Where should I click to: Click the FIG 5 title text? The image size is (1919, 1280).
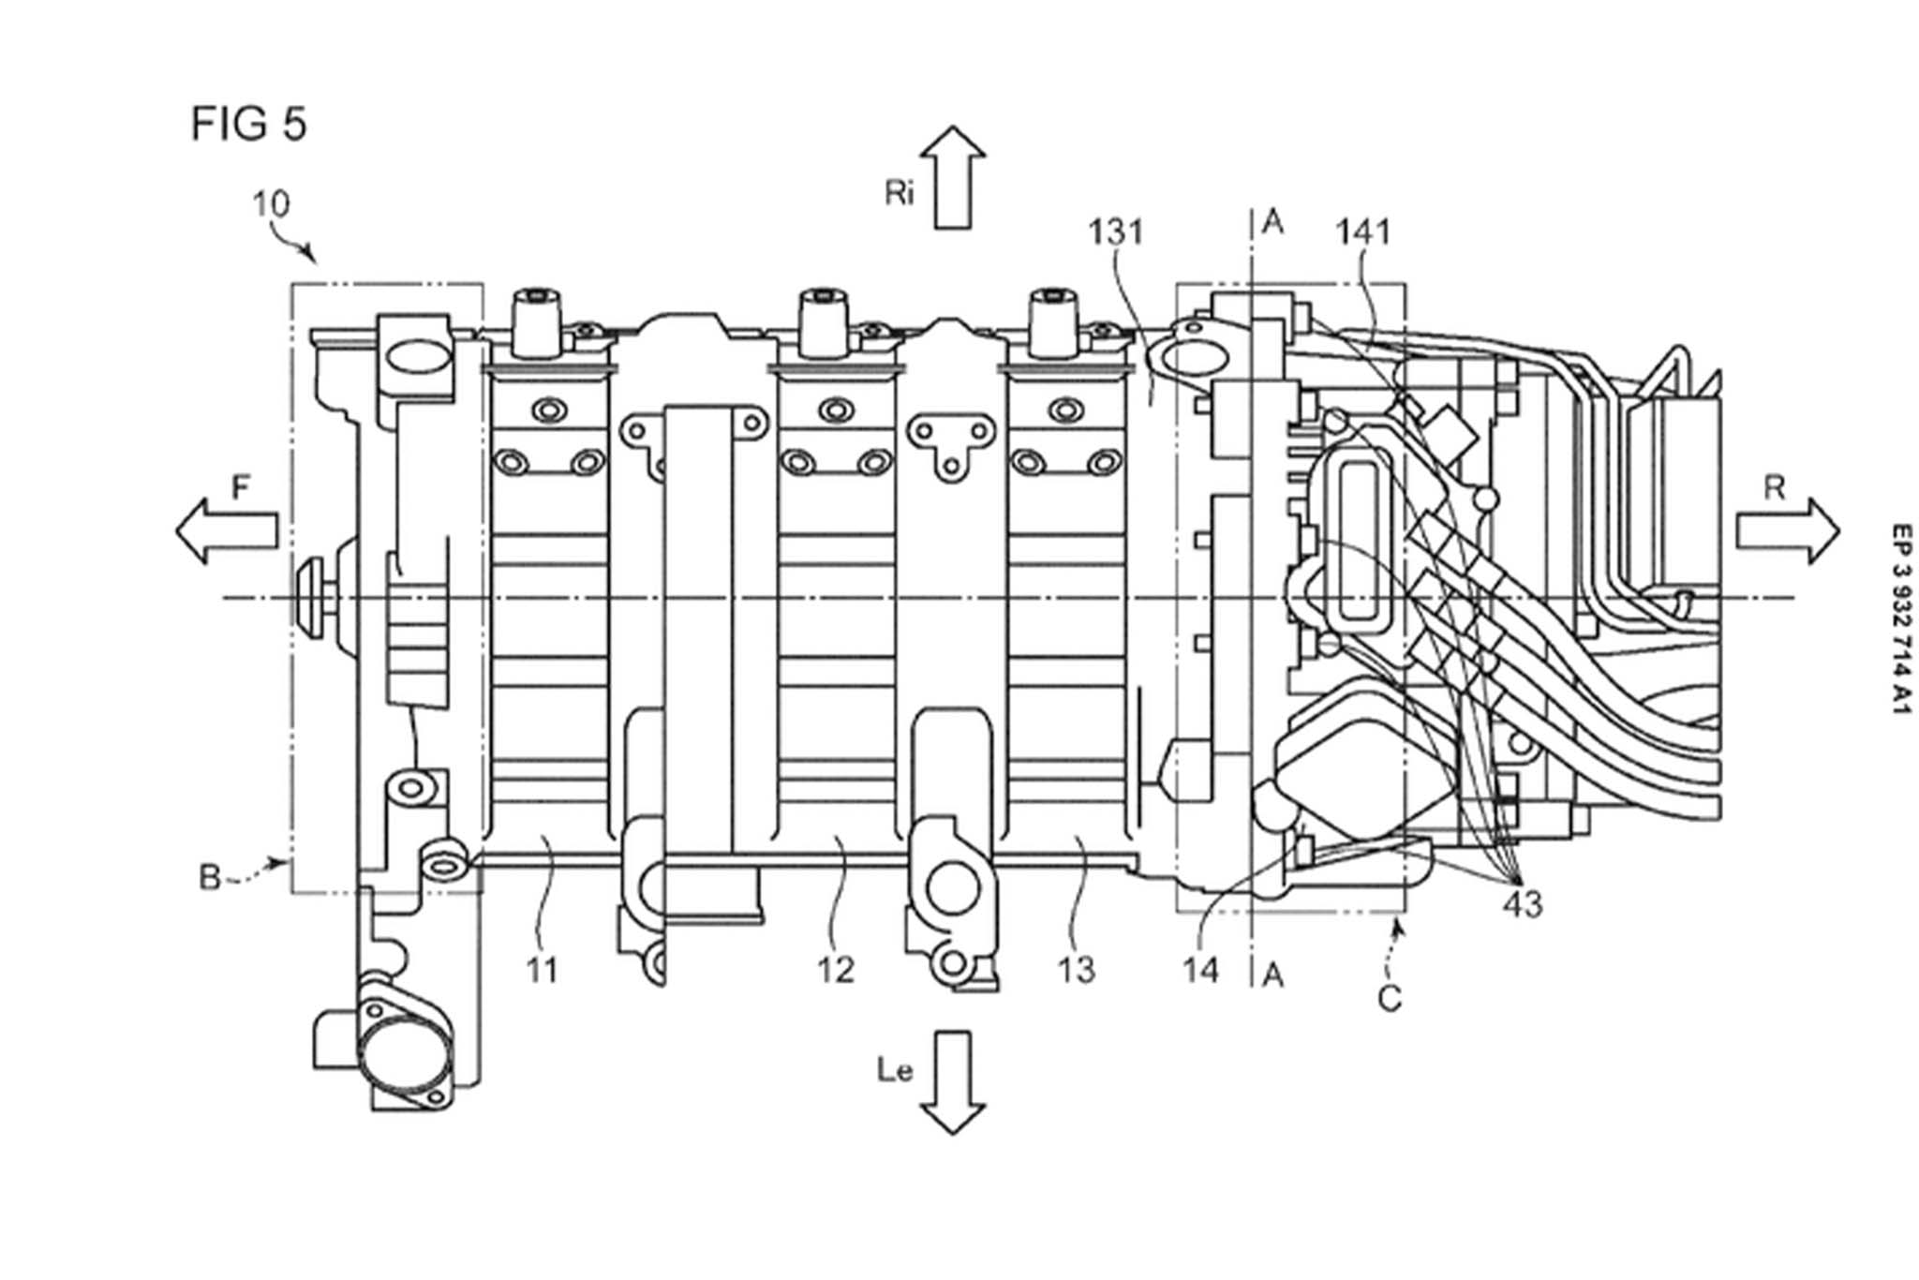pyautogui.click(x=248, y=124)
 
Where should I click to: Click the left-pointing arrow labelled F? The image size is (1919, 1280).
pyautogui.click(x=228, y=530)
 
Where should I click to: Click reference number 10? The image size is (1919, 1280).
pyautogui.click(x=271, y=204)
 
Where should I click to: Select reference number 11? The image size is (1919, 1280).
pyautogui.click(x=542, y=971)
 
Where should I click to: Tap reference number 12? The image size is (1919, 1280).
pyautogui.click(x=836, y=971)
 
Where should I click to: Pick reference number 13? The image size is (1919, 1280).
pyautogui.click(x=1076, y=971)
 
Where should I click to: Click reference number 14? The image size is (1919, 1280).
pyautogui.click(x=1200, y=971)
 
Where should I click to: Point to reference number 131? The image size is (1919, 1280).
pyautogui.click(x=1115, y=231)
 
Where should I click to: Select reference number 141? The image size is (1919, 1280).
pyautogui.click(x=1362, y=231)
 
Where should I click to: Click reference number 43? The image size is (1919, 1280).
pyautogui.click(x=1523, y=905)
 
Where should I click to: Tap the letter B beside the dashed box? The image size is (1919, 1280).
pyautogui.click(x=210, y=878)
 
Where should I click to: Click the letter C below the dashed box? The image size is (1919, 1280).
pyautogui.click(x=1390, y=1000)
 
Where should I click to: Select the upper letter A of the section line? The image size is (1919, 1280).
pyautogui.click(x=1272, y=223)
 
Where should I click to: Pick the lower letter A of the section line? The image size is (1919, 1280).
pyautogui.click(x=1272, y=975)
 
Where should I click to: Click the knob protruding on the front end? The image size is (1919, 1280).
pyautogui.click(x=313, y=597)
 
